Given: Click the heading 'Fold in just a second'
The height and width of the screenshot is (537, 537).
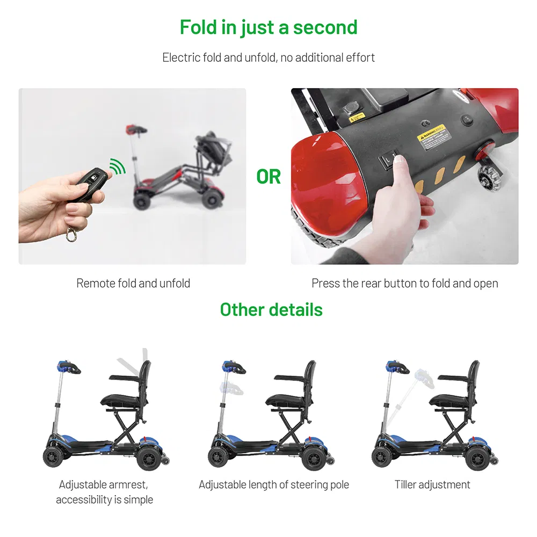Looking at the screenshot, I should tap(268, 27).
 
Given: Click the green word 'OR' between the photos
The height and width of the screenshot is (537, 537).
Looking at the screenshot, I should tap(268, 176).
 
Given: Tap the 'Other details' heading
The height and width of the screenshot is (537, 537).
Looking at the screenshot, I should tap(271, 310).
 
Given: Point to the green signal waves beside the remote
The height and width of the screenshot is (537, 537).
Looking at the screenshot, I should tap(118, 168).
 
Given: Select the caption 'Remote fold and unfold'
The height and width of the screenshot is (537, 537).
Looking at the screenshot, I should tap(133, 283).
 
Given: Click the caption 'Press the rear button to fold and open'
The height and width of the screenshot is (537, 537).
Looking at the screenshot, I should tap(404, 283).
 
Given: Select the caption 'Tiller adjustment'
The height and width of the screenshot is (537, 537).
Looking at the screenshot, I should tap(432, 484).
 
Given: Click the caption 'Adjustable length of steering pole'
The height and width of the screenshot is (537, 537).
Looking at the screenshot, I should tap(274, 484).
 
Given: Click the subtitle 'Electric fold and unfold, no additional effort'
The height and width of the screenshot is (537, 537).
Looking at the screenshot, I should tap(268, 57).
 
